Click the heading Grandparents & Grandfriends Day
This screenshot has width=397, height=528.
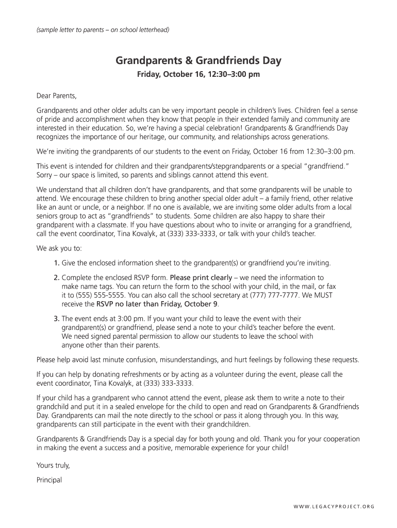click(198, 61)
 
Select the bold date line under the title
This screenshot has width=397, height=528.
click(198, 75)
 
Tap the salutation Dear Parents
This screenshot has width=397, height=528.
click(56, 96)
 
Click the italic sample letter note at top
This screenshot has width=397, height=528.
click(103, 29)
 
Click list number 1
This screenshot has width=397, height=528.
click(57, 263)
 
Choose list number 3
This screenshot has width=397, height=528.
click(57, 319)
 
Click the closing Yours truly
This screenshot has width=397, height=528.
click(53, 465)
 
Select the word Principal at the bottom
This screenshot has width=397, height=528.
click(49, 480)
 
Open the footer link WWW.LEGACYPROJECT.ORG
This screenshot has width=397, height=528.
click(334, 506)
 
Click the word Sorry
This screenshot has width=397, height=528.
click(45, 175)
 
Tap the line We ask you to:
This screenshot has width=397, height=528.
click(56, 247)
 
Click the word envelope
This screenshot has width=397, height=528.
click(147, 407)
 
